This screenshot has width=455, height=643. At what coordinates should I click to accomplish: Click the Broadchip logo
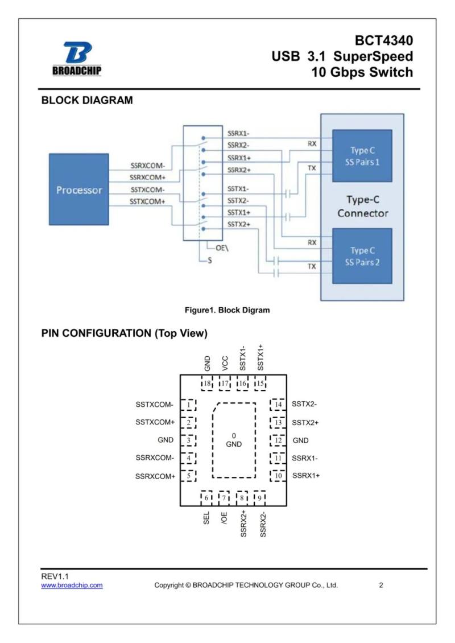(77, 58)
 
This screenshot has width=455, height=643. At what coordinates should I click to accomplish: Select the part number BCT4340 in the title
(384, 40)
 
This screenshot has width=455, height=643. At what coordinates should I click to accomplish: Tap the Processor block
(78, 189)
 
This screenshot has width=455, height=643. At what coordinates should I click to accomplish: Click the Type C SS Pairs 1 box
(362, 156)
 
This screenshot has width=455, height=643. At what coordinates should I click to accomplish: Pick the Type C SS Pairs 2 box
(362, 256)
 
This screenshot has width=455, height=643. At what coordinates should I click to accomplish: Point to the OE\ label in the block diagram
(222, 248)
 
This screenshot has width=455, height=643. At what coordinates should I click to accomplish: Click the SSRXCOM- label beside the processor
(147, 166)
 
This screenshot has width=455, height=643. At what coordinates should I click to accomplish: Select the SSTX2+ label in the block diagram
(239, 224)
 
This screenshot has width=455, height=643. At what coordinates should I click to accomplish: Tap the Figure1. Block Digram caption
(227, 310)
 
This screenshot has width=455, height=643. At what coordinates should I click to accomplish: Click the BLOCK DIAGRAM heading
(87, 101)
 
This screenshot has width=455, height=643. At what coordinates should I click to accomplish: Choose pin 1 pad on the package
(189, 405)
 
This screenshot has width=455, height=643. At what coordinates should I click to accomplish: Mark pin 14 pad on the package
(278, 405)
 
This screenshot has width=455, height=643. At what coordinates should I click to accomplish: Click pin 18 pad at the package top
(207, 384)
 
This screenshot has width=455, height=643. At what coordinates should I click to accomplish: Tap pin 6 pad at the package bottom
(206, 498)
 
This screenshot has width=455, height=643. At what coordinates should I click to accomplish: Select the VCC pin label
(225, 364)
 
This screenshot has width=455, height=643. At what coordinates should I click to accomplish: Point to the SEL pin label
(206, 517)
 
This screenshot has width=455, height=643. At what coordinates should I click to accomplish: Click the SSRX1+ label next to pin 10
(306, 476)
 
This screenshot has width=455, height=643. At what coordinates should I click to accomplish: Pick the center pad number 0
(234, 435)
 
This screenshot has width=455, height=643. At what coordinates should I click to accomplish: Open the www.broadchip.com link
(72, 585)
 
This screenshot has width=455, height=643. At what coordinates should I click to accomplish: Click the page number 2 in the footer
(381, 585)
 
